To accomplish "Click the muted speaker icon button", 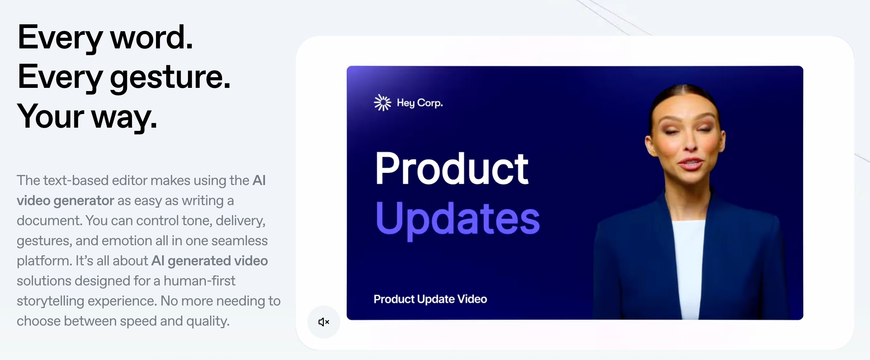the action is (x=323, y=322).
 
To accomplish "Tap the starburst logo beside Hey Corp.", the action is (x=382, y=103).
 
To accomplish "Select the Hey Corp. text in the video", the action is (x=420, y=103).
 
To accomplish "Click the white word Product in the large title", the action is (x=451, y=168).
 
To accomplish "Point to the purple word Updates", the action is (x=458, y=219).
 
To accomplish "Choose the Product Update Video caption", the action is (x=430, y=299).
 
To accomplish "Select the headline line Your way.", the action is (x=87, y=116).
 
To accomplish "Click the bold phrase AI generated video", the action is (x=209, y=261).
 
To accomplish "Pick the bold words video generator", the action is (x=65, y=200).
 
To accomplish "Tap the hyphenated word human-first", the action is (x=199, y=281).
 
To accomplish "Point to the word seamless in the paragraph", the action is (x=240, y=241).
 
